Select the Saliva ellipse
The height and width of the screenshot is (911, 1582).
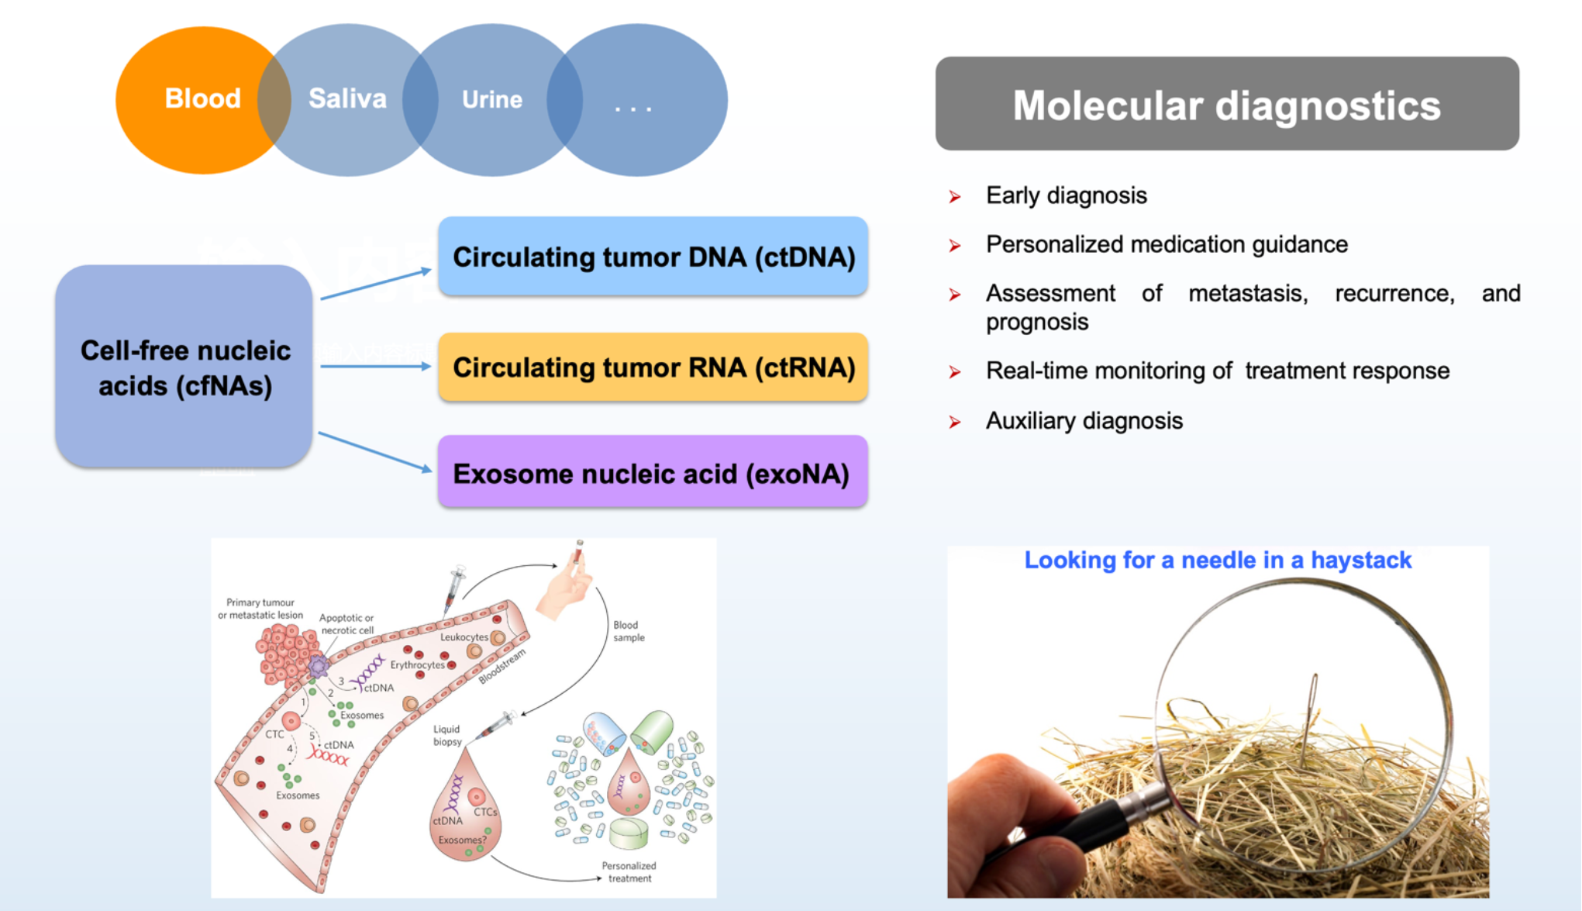click(346, 99)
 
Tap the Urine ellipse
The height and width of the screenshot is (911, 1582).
click(492, 99)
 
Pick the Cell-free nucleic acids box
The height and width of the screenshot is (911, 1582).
click(184, 367)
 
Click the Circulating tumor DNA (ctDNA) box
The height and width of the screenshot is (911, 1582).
click(653, 257)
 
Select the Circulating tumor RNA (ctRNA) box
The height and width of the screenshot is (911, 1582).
click(653, 368)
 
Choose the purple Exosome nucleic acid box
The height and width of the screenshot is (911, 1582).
click(653, 473)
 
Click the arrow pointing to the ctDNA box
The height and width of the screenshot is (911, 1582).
click(376, 284)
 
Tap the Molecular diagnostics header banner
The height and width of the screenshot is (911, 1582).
click(1226, 104)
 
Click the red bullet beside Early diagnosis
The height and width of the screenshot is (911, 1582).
click(955, 197)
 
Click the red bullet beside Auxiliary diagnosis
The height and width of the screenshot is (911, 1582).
click(955, 423)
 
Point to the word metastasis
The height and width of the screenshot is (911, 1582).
click(1247, 294)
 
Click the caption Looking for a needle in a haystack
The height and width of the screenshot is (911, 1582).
click(1217, 561)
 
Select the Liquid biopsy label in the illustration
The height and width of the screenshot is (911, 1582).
click(447, 735)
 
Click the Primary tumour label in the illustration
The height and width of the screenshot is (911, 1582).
click(260, 602)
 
